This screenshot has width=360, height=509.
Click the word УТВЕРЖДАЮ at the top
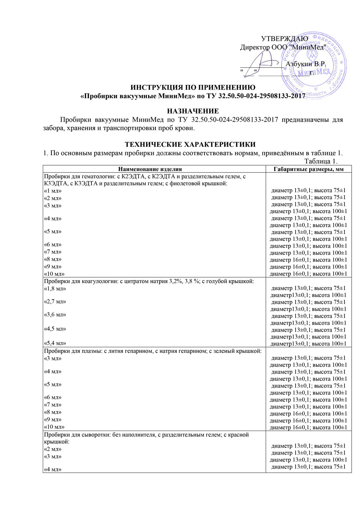click(284, 39)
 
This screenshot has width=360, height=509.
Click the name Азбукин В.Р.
click(306, 64)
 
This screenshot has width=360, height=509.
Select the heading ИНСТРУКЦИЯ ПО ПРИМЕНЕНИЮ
click(193, 87)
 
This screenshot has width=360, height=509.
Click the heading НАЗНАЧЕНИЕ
click(193, 111)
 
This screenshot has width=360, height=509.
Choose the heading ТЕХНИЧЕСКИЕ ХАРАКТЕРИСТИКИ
click(190, 144)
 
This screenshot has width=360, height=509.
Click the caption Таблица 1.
click(321, 161)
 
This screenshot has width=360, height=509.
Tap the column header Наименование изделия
click(150, 169)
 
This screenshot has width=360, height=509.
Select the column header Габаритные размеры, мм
click(309, 169)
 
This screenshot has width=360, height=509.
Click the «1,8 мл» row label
click(55, 289)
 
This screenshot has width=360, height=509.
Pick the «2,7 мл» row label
click(55, 302)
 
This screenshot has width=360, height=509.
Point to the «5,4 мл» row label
click(55, 343)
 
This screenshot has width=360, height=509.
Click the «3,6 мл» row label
click(55, 315)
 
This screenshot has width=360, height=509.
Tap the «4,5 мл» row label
click(55, 329)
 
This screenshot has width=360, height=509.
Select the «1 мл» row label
click(53, 191)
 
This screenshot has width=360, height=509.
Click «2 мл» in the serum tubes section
click(53, 449)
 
